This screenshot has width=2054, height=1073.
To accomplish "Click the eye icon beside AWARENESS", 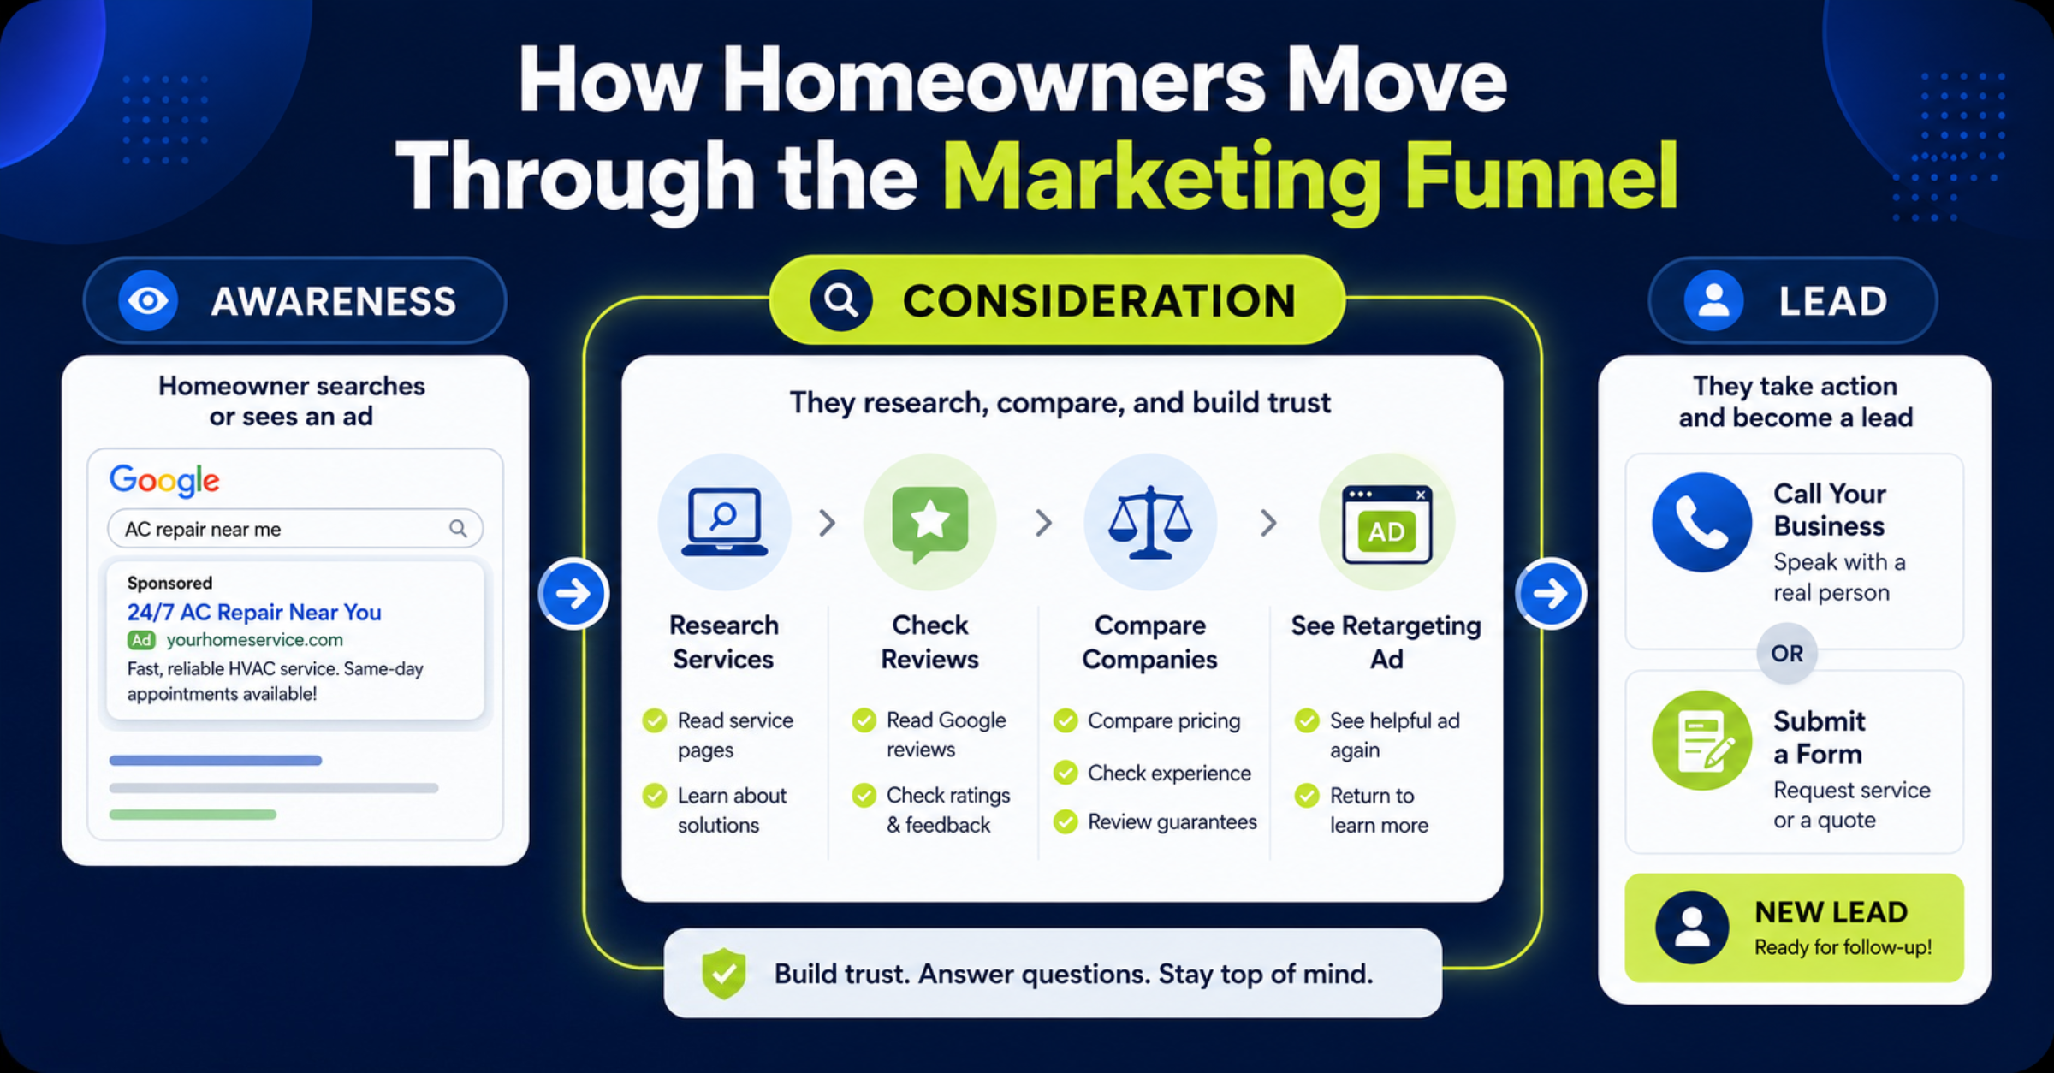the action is (148, 300).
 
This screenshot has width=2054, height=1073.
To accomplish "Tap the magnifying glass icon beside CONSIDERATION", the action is (840, 300).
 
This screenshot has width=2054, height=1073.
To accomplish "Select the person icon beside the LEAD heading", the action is (1713, 300).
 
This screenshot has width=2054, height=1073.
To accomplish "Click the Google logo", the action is (164, 480).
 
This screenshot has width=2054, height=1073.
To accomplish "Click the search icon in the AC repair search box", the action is (459, 528).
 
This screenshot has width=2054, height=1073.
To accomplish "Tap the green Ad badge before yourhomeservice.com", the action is (141, 640).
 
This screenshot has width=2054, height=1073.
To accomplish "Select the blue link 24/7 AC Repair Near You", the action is (254, 612).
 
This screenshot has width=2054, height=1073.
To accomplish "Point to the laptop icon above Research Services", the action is (724, 522).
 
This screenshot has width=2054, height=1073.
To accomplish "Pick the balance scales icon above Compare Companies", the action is (1150, 522).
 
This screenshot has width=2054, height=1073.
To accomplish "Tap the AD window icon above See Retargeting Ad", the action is (1386, 524).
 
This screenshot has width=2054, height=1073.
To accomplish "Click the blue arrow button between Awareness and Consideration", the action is (573, 593).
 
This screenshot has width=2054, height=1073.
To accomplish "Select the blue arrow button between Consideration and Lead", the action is (1550, 593).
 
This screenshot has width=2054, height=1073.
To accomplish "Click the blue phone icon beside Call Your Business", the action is (1701, 522).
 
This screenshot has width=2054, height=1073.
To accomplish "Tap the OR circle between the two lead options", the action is (1787, 653).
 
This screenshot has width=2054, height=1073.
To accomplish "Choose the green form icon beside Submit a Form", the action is (1701, 740).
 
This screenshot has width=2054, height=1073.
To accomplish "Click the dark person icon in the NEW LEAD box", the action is (1692, 928).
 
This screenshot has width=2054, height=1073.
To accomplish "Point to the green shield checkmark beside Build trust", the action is (724, 973).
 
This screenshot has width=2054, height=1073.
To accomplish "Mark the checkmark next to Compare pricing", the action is (1066, 720).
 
